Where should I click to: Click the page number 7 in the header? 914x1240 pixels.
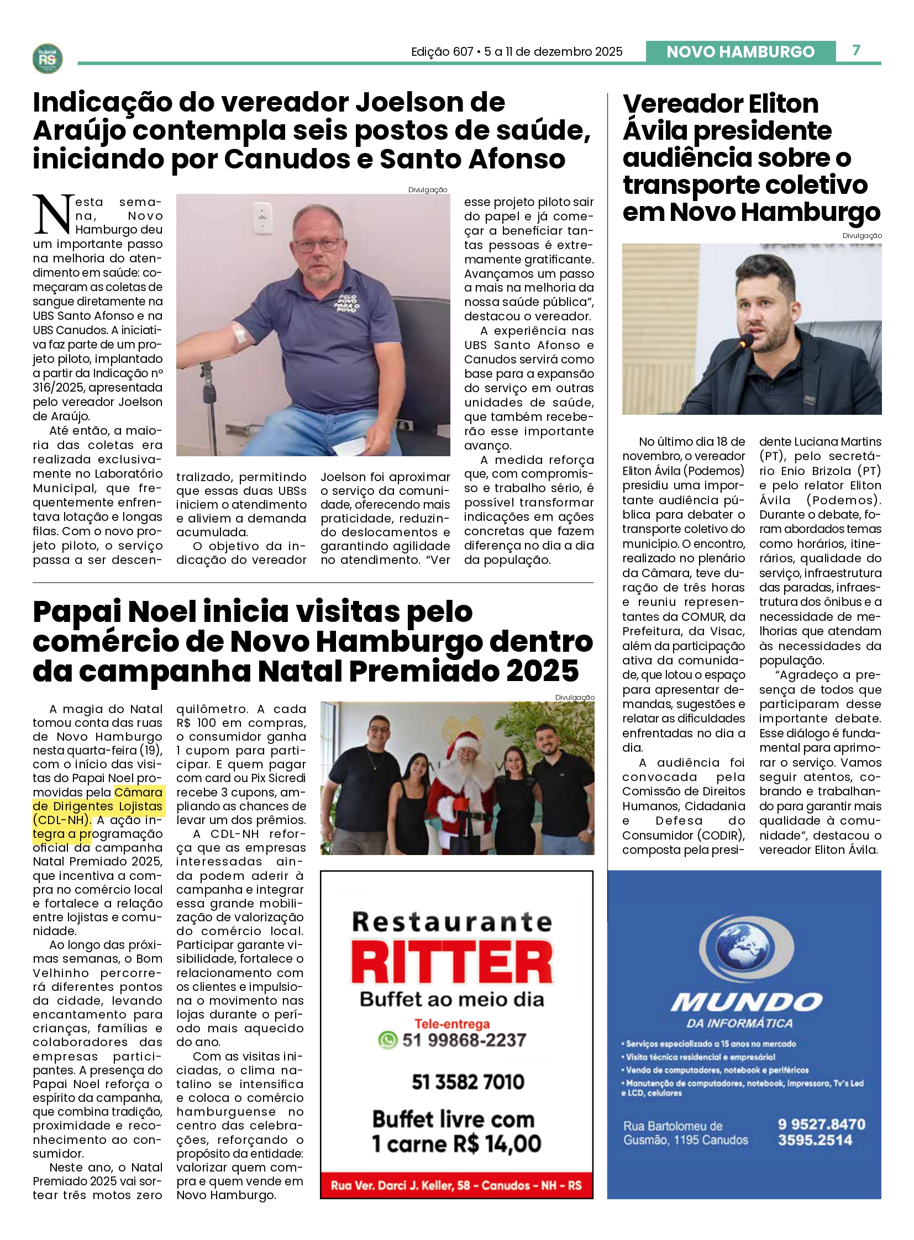click(856, 50)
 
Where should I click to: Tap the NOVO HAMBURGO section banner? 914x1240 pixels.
click(740, 51)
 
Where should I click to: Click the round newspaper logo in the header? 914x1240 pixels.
click(48, 59)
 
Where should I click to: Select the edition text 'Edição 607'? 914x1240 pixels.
click(442, 52)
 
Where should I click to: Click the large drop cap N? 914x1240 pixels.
click(53, 214)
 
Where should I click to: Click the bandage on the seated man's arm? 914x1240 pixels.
click(239, 334)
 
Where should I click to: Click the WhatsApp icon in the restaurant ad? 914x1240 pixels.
click(388, 1040)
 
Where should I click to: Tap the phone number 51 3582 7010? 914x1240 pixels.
click(467, 1082)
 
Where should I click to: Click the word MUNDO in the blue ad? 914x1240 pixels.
click(747, 1001)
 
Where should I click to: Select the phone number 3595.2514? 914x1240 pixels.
click(815, 1140)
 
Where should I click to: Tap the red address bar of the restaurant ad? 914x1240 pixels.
click(456, 1185)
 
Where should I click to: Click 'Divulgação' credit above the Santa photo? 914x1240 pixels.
click(574, 698)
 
